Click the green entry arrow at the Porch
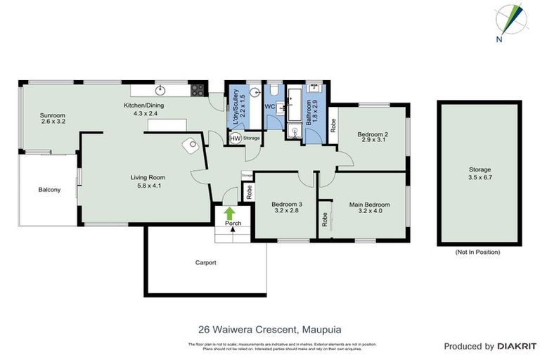[x=229, y=212]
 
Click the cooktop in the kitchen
[x=198, y=89]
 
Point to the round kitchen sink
[x=160, y=89]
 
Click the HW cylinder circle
[x=235, y=139]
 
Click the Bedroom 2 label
[x=373, y=134]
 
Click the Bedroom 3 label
[x=287, y=205]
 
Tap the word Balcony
[x=49, y=190]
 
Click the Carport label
[x=205, y=263]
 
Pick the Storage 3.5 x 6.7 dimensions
[x=480, y=177]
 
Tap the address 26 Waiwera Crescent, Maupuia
[x=270, y=328]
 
